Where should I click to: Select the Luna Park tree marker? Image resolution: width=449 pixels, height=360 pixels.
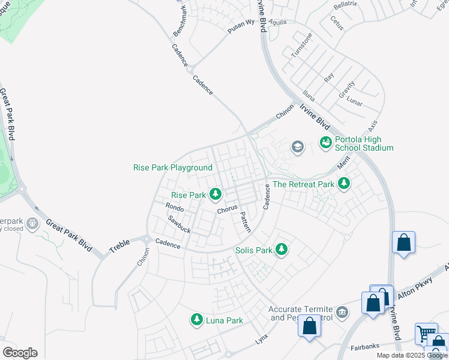tap(196, 320)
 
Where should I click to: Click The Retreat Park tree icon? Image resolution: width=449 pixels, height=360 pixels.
tap(343, 184)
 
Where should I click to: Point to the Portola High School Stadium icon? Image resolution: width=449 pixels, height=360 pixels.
tap(325, 143)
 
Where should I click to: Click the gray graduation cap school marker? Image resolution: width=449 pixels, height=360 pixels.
tap(297, 146)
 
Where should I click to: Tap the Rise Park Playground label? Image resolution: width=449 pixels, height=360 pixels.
tap(173, 167)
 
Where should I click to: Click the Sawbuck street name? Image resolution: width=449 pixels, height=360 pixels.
tap(179, 225)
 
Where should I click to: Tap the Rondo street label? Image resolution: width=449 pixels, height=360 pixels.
tap(174, 207)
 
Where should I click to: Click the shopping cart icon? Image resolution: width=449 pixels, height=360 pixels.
tap(426, 333)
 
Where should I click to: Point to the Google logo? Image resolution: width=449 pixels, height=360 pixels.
tap(20, 353)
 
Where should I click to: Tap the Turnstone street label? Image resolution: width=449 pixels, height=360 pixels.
tap(301, 44)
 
